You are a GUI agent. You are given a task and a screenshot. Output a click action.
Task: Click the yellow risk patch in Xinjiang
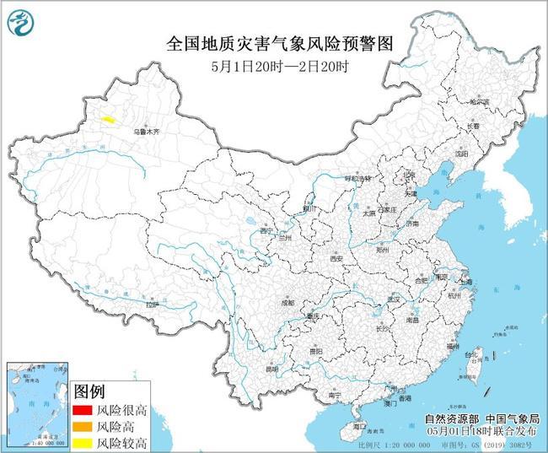click(107, 120)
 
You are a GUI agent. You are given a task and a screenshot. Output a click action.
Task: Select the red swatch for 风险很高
click(83, 411)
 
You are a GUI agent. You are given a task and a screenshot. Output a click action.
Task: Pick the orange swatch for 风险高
click(83, 426)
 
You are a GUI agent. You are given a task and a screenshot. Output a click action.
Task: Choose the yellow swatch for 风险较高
click(83, 441)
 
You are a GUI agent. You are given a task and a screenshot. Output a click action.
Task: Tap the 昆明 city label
click(271, 369)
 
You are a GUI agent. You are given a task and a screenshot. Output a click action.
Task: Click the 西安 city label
click(338, 258)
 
